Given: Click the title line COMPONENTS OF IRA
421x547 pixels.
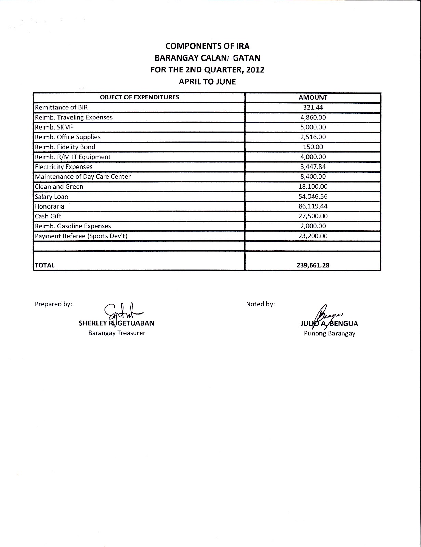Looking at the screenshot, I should click(x=207, y=46).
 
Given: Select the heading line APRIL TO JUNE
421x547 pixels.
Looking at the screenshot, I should click(x=207, y=82).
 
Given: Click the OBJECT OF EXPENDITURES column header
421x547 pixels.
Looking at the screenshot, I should click(x=139, y=97).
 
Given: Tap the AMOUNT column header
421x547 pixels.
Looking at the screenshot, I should click(x=313, y=97).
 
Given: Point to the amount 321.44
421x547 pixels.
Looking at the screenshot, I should click(x=313, y=107).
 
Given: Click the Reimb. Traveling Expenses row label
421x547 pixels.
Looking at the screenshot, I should click(x=74, y=117).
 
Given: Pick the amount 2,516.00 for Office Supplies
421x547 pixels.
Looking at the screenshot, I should click(x=313, y=137).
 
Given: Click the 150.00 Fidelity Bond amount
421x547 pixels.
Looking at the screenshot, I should click(x=313, y=147).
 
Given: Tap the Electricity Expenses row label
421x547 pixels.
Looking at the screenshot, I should click(x=64, y=167).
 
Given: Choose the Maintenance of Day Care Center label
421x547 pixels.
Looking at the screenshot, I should click(x=83, y=177).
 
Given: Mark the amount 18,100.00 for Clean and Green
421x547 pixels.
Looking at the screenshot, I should click(x=313, y=187).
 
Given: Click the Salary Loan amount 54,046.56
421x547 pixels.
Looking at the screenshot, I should click(x=313, y=197).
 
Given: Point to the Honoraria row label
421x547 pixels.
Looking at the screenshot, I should click(x=49, y=206).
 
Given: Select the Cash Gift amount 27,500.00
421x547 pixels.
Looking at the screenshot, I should click(x=313, y=216).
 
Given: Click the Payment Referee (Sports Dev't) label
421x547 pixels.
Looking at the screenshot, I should click(x=81, y=236).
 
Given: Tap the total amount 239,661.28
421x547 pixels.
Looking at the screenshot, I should click(x=313, y=265).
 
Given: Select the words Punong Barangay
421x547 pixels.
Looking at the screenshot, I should click(x=329, y=334).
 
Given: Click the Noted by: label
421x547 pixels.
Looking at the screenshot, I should click(x=260, y=304).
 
